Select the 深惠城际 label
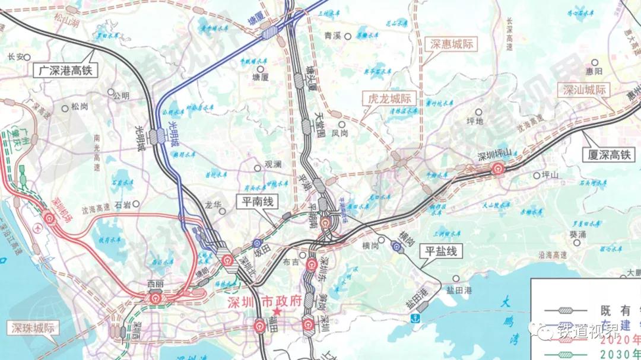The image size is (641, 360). tap(453, 44)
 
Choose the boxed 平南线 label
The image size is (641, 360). tap(256, 202)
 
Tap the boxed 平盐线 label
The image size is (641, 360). tap(440, 251)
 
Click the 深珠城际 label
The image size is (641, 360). tap(33, 328)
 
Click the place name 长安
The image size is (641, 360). tap(15, 57)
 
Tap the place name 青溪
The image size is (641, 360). tap(332, 36)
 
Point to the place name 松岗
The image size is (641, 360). tap(79, 107)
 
